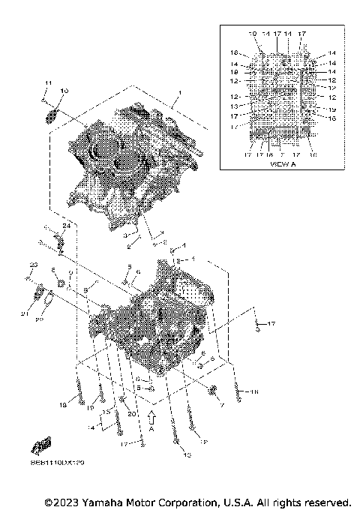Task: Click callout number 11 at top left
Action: tap(46, 82)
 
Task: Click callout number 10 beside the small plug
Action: tap(64, 91)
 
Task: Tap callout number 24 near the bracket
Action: tap(66, 226)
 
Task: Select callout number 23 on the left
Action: tap(33, 265)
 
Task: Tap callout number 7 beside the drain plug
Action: tap(222, 405)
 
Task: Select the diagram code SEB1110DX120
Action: tap(65, 463)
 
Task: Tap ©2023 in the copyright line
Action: tap(63, 501)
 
